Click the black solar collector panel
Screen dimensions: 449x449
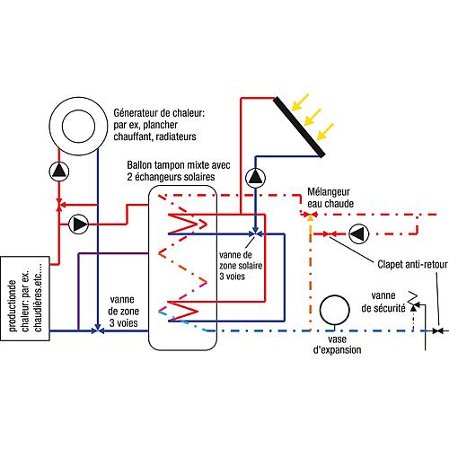(x=299, y=127)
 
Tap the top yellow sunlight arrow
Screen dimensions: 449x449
(x=300, y=102)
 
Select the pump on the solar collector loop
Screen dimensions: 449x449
(x=255, y=178)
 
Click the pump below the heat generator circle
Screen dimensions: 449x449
(x=59, y=172)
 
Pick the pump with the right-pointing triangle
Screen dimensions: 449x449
(x=78, y=224)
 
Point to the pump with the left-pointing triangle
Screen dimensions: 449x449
(x=358, y=233)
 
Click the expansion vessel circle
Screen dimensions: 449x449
(x=334, y=310)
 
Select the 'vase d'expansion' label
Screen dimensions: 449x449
(x=337, y=345)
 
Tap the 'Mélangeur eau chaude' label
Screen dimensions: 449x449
(x=330, y=198)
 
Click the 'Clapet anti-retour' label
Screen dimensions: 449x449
(x=412, y=264)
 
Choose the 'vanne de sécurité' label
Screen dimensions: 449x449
(x=383, y=302)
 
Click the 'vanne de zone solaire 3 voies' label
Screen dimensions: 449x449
(x=241, y=266)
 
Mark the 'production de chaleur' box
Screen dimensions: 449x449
(x=25, y=298)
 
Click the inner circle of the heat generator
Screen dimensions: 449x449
(x=78, y=126)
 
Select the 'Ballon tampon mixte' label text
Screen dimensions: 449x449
(x=179, y=165)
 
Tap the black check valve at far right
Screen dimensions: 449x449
(x=438, y=330)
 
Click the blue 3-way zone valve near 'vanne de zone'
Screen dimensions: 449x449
(x=98, y=330)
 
